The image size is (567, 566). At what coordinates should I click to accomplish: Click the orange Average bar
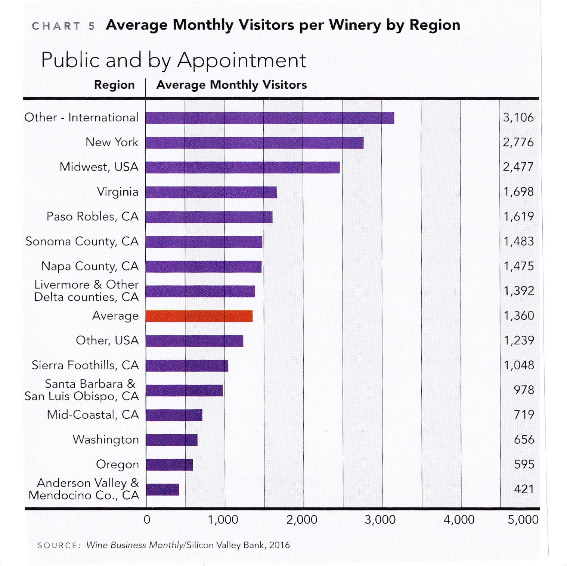coord(199,316)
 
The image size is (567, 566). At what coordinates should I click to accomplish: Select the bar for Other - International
coord(270,118)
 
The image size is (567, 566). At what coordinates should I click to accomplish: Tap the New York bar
coord(254,143)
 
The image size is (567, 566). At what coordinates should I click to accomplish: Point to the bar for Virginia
coord(211,192)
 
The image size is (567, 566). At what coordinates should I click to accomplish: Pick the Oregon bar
coord(169,465)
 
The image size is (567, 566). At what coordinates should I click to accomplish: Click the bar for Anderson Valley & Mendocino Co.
coord(162,490)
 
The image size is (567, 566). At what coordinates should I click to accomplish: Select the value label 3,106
coord(518,118)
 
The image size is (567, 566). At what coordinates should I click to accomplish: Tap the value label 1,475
coord(518,266)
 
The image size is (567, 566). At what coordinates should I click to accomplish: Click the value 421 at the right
coord(524,489)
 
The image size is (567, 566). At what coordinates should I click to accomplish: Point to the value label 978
coord(524,390)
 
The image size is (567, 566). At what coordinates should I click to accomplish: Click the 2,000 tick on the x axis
coord(302,519)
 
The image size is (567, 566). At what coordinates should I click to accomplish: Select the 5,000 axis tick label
coord(523,519)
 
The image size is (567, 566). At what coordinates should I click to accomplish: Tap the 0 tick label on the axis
coord(147,519)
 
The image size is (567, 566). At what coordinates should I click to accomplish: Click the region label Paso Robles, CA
coord(92,216)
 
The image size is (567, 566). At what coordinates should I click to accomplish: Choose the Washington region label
coord(106,440)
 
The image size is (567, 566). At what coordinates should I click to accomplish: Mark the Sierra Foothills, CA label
coord(85,365)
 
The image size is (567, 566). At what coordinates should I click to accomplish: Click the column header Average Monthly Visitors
coord(232,85)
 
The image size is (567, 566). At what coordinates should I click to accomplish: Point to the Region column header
coord(114,85)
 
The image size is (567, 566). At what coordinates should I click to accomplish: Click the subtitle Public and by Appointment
coord(174,60)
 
